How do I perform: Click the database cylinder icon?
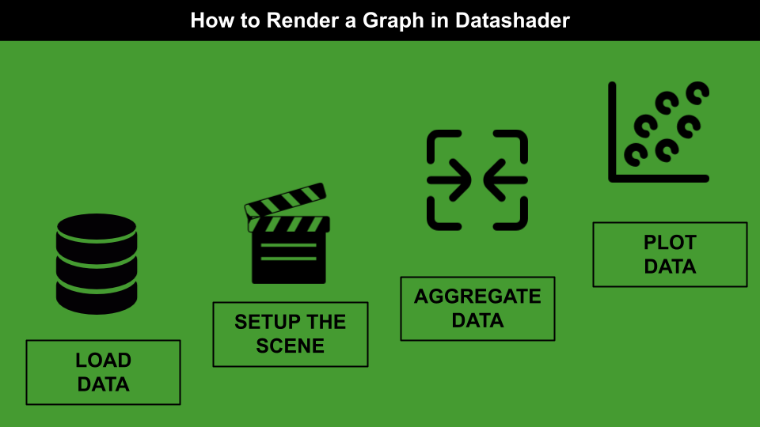97,263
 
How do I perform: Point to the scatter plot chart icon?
658,132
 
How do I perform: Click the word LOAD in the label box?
104,361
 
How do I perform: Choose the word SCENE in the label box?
291,346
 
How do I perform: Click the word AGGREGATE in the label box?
477,297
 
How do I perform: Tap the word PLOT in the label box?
670,242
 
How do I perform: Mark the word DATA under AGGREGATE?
477,320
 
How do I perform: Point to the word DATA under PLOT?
670,266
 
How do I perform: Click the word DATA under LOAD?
104,385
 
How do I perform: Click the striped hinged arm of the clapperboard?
286,201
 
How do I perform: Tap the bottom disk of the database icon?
97,299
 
